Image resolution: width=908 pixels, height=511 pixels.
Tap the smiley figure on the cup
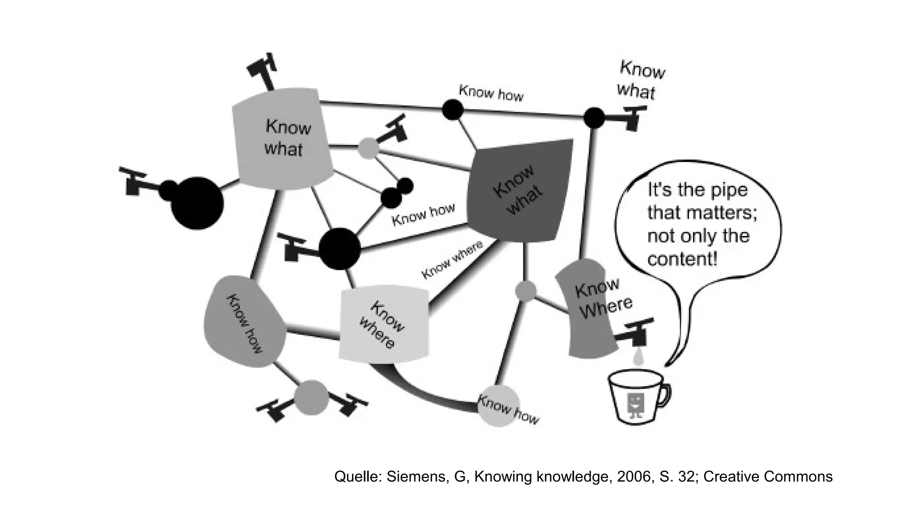(636, 405)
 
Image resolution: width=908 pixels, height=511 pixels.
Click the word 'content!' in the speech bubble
(682, 259)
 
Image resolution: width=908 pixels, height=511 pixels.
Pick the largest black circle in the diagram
(197, 203)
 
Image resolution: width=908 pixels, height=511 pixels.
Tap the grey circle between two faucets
(311, 397)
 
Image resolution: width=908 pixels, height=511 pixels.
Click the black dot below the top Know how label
(453, 109)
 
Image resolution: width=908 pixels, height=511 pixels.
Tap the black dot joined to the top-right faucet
(594, 118)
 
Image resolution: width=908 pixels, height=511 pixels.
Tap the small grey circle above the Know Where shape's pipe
(526, 291)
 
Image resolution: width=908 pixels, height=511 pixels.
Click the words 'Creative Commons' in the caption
(767, 476)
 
